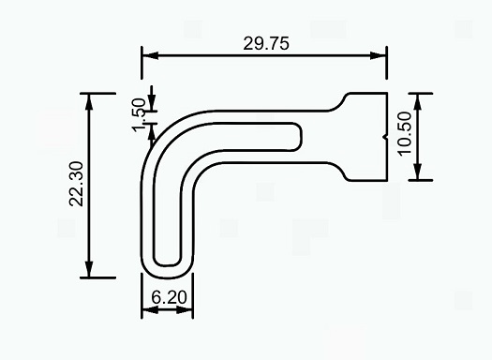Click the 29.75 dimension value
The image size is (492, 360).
pyautogui.click(x=266, y=44)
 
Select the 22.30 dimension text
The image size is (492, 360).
pyautogui.click(x=76, y=184)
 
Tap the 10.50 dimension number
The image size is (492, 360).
pyautogui.click(x=405, y=133)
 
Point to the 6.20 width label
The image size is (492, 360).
pyautogui.click(x=169, y=297)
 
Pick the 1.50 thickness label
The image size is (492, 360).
pyautogui.click(x=139, y=115)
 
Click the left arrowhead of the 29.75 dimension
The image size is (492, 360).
pyautogui.click(x=150, y=56)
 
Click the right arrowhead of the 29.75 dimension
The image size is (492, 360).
pyautogui.click(x=379, y=56)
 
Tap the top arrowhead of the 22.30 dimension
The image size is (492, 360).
pyautogui.click(x=89, y=101)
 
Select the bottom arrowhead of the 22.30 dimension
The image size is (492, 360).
pyautogui.click(x=89, y=270)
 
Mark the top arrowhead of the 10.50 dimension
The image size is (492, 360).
pyautogui.click(x=417, y=101)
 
